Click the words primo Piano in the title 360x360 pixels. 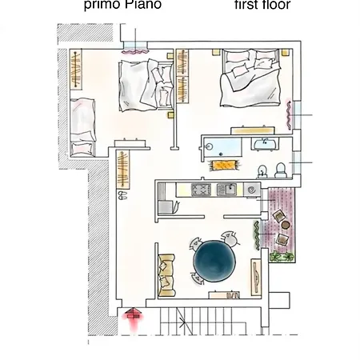click(122, 5)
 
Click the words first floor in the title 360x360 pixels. click(262, 5)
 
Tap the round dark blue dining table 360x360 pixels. click(214, 261)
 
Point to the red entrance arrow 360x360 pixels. click(133, 318)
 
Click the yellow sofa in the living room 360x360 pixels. click(166, 275)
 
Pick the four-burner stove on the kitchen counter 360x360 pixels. click(201, 190)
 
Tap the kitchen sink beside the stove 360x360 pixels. click(226, 190)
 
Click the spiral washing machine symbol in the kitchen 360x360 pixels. click(251, 190)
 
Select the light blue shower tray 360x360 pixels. click(222, 147)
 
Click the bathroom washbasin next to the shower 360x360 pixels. click(265, 144)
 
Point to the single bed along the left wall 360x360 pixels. click(82, 127)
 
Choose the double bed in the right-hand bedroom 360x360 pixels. click(250, 78)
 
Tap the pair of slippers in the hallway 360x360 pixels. click(122, 195)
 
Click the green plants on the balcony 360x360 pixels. click(282, 257)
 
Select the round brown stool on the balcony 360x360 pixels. click(286, 225)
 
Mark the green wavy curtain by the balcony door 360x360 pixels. click(257, 235)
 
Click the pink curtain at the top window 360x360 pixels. click(134, 51)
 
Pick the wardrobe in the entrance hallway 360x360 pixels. click(123, 170)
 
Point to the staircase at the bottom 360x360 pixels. click(202, 322)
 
